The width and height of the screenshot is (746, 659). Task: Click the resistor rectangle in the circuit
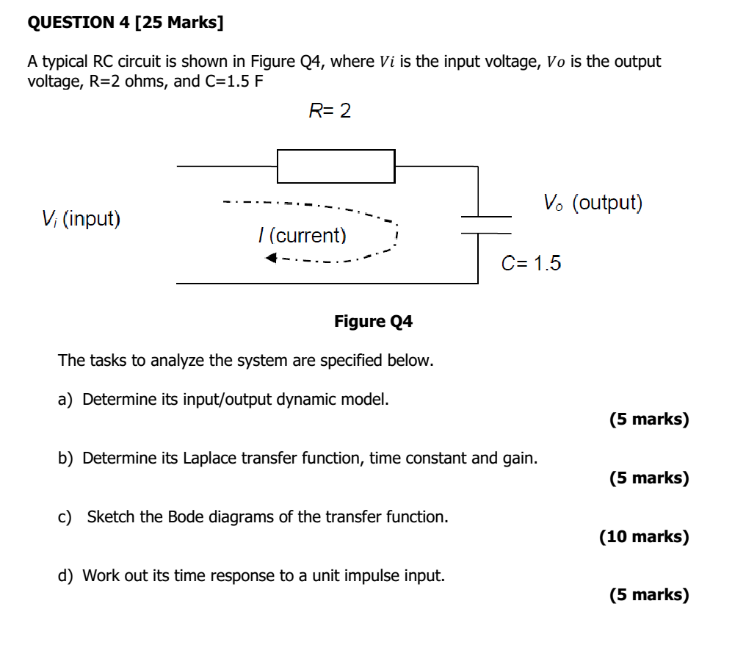click(336, 166)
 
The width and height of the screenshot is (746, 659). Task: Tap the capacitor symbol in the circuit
click(485, 224)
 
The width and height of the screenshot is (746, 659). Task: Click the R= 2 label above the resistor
click(330, 111)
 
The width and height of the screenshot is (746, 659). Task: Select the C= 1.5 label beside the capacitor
click(531, 263)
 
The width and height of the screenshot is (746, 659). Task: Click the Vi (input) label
click(81, 218)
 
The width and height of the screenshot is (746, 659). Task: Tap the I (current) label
click(302, 236)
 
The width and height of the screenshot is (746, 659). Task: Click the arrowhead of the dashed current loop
click(272, 258)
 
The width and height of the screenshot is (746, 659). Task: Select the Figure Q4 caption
click(373, 321)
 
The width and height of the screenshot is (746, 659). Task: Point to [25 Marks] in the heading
click(179, 23)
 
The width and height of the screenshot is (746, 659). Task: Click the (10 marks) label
click(644, 536)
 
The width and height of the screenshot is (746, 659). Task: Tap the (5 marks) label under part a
click(649, 419)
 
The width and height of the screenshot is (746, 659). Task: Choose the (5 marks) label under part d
click(649, 594)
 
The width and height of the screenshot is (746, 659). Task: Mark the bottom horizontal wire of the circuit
click(327, 283)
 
